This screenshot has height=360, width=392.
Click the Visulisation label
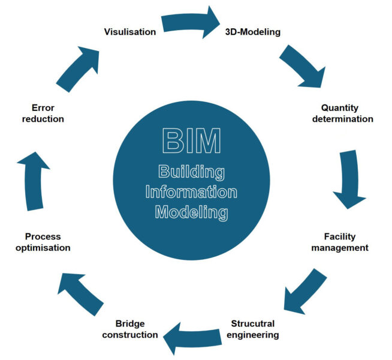click(x=129, y=31)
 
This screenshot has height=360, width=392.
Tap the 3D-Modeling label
click(x=252, y=31)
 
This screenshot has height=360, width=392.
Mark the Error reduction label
click(x=43, y=113)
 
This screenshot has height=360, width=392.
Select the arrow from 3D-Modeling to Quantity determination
click(x=301, y=68)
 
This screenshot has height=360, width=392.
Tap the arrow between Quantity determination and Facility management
click(x=351, y=179)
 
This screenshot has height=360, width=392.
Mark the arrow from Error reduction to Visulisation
click(x=77, y=68)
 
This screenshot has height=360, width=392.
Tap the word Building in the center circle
click(x=191, y=172)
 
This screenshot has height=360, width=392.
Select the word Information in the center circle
click(x=191, y=192)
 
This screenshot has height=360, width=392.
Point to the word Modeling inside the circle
click(x=191, y=212)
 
